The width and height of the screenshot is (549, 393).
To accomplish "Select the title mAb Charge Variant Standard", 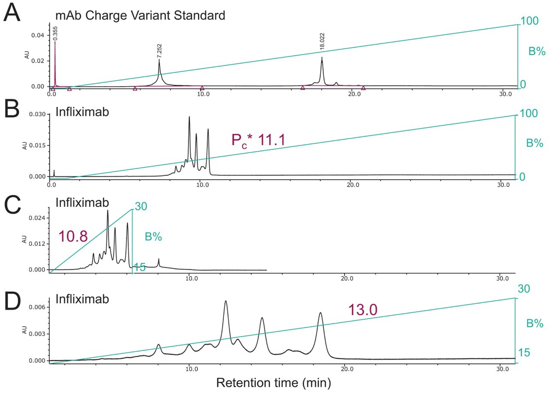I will [140, 16].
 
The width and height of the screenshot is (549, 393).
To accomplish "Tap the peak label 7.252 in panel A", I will [160, 50].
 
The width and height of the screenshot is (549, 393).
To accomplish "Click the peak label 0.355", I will [55, 33].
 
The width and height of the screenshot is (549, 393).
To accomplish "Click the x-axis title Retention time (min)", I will [274, 381].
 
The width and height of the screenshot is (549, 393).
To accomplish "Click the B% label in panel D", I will [535, 323].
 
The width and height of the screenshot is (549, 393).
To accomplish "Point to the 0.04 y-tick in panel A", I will [40, 35].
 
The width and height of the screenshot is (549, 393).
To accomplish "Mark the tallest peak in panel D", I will [226, 302].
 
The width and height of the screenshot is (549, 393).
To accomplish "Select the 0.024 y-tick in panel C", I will [37, 218].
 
